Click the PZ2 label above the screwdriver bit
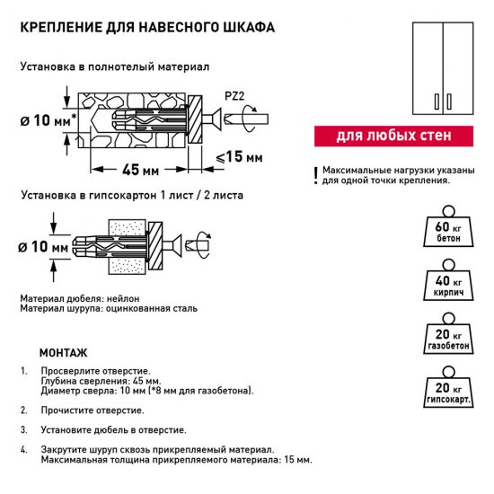[231, 93]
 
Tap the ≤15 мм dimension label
[240, 158]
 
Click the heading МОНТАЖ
[65, 352]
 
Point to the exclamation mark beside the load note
[315, 175]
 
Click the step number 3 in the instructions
[23, 430]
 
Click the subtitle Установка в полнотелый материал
[114, 67]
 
